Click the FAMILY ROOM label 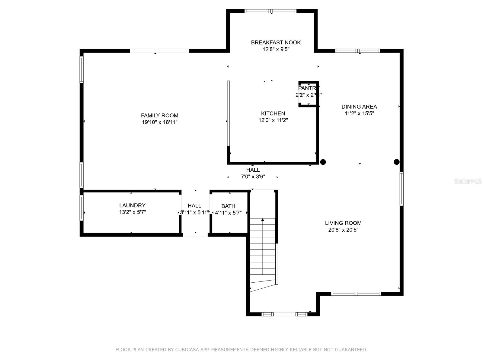[x=159, y=116]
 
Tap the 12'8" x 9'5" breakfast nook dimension [x=276, y=49]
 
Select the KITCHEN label [x=273, y=113]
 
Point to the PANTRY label [x=308, y=88]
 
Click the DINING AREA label [x=359, y=106]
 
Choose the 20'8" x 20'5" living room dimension [x=343, y=230]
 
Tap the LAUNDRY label [x=132, y=205]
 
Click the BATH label [x=228, y=206]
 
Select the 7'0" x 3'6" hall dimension [x=253, y=177]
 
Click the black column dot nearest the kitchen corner [x=323, y=162]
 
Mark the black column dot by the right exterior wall [x=397, y=162]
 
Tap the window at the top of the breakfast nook [x=271, y=11]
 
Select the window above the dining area [x=357, y=51]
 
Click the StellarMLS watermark [x=468, y=181]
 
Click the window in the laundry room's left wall [x=82, y=208]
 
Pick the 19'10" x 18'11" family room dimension [x=159, y=122]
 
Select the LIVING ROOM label [x=343, y=223]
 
